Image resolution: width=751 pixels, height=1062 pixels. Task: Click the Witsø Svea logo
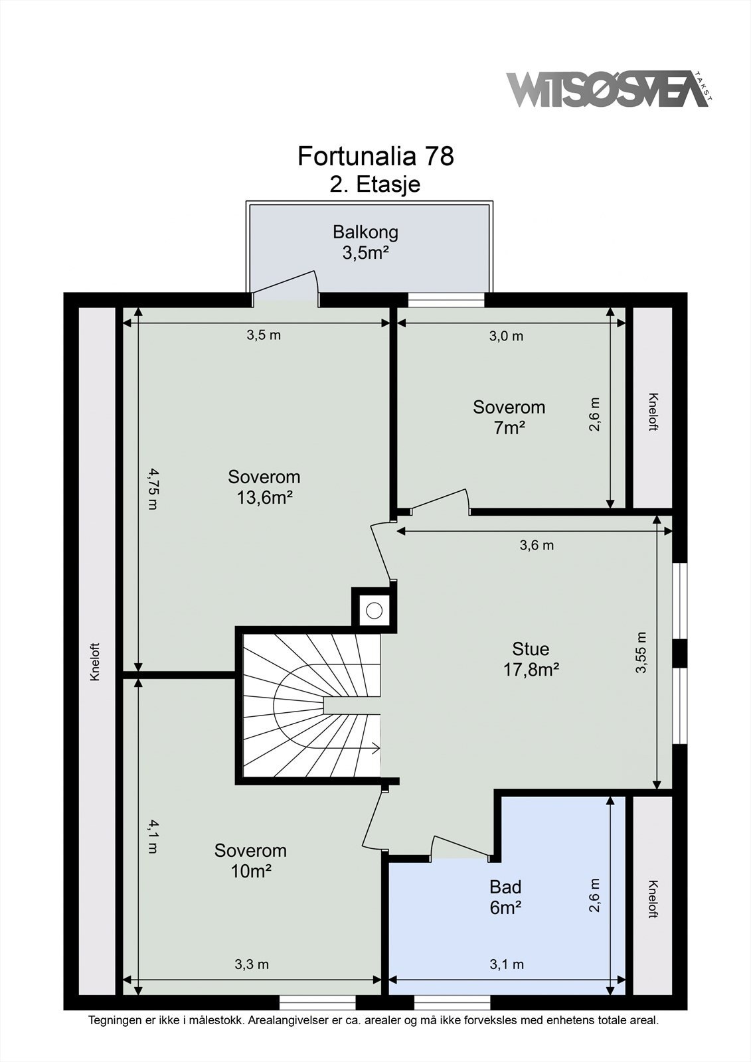pos(610,89)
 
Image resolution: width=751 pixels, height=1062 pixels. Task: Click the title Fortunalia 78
pos(376,156)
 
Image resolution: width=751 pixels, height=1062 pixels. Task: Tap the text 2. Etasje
pos(375,185)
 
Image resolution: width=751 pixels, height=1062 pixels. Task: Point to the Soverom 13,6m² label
pos(264,487)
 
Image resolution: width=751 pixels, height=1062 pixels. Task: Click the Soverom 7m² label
pos(509,417)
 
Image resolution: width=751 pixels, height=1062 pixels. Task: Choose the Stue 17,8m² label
pos(531,659)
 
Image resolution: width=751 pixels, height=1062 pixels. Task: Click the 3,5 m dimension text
pos(264,335)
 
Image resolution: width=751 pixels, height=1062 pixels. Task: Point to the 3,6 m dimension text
pos(537,545)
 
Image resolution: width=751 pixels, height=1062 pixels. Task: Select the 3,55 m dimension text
pos(641,653)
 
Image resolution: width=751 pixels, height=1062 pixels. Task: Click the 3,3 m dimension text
pos(252,964)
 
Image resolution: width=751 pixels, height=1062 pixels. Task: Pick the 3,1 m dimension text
pos(507,964)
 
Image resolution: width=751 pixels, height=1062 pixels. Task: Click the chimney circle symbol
pos(375,610)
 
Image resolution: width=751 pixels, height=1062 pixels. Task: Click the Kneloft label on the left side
pos(96,662)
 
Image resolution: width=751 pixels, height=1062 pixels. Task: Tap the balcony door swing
pos(285,286)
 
